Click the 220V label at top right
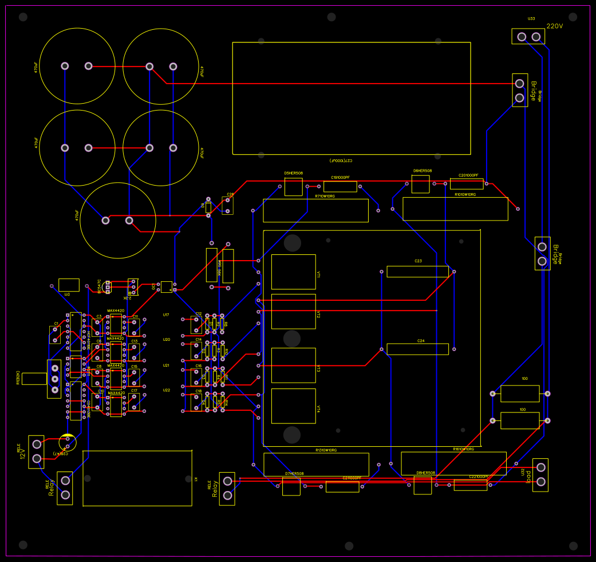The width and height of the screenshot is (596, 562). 555,26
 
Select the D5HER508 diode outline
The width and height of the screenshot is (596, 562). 293,187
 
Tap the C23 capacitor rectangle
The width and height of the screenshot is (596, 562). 417,272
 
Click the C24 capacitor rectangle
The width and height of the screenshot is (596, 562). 417,349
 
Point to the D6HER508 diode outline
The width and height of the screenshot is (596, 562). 420,184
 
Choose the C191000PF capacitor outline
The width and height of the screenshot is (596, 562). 340,187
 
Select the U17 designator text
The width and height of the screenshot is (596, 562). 166,315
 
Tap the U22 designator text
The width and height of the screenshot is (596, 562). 167,390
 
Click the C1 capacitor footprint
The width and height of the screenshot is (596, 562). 55,335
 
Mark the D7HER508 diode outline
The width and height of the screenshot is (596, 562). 291,486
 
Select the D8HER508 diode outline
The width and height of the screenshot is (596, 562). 423,485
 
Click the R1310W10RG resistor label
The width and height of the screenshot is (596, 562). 326,450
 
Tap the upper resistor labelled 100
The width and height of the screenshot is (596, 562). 520,394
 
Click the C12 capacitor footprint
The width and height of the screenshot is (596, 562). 197,325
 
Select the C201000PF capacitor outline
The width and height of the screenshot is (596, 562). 467,184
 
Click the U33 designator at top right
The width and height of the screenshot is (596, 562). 531,19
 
